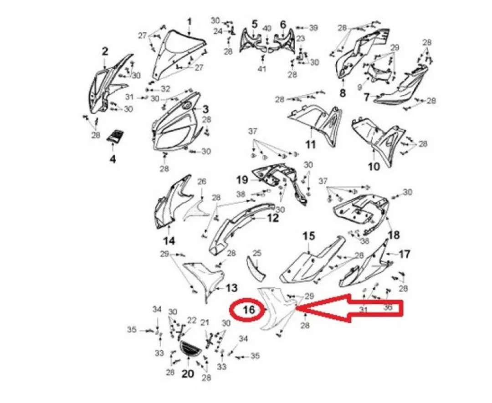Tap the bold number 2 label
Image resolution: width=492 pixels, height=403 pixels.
pos(105,51)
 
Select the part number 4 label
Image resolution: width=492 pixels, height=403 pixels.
pos(113,159)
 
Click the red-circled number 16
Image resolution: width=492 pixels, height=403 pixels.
pos(249,310)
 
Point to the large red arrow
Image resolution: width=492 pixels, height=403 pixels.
pos(348,308)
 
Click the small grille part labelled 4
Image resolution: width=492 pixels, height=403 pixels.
pos(116,136)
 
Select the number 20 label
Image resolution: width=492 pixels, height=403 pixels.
pos(188,374)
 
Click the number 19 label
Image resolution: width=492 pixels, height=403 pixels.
pos(242,180)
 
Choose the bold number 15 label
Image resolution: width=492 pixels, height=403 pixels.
pos(309,236)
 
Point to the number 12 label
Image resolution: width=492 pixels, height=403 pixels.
pos(273,218)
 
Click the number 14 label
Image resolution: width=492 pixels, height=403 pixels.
pos(169,241)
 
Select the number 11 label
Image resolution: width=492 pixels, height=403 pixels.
pos(310,144)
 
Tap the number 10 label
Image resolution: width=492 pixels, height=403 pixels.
pos(374,167)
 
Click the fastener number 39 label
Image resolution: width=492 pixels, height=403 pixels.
pos(313,28)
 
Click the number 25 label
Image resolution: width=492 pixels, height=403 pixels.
pos(257,253)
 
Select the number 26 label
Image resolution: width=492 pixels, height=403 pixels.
pos(202,182)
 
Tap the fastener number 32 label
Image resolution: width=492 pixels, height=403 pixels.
pos(165,89)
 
